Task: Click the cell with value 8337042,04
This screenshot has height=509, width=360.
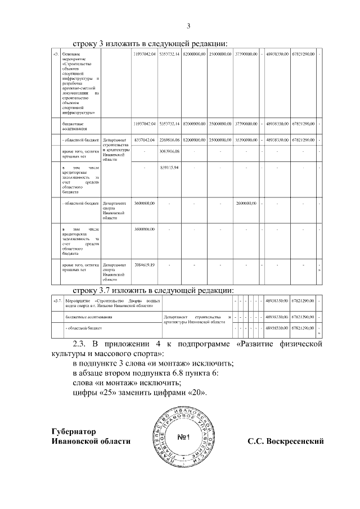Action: [x=144, y=138]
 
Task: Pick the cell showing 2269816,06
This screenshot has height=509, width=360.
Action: [x=169, y=138]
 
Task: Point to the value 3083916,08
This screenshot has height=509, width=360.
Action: [x=169, y=151]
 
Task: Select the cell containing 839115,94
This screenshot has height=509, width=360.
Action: [x=169, y=167]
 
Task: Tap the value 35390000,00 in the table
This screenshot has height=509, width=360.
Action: [x=246, y=138]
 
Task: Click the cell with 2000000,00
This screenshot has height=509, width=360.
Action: [x=246, y=203]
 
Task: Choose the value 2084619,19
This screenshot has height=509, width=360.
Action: [x=144, y=264]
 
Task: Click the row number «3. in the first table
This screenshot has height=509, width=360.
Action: [x=55, y=54]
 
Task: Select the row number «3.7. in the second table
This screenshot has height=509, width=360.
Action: [x=56, y=301]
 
